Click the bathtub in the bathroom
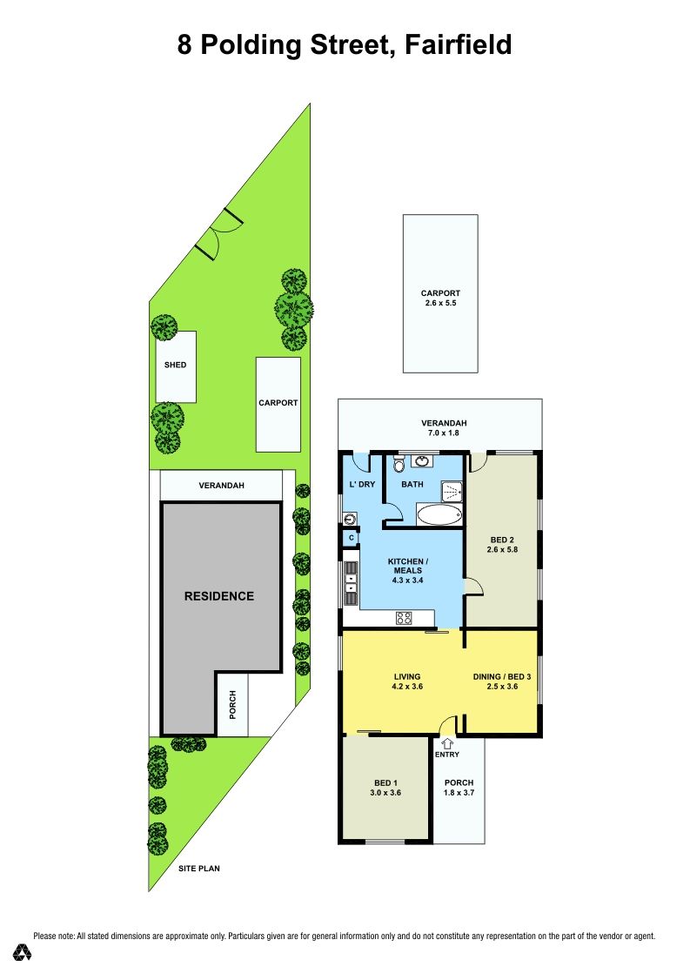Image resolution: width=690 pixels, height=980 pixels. pos(439,515)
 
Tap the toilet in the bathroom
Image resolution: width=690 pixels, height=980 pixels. pos(399,465)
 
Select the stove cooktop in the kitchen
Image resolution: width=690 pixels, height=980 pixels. pos(404,618)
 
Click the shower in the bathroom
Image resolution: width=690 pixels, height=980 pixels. pos(452,491)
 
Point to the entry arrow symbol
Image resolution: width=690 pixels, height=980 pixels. pos(447,744)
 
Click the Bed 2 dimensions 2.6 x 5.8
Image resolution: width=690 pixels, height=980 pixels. pos(502,550)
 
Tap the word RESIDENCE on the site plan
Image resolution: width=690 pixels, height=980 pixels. pos(219,596)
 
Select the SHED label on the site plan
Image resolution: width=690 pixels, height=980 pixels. pos(175,365)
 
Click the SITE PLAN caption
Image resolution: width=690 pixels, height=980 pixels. pos(198,868)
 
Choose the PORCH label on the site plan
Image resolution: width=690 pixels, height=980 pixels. pos(232,704)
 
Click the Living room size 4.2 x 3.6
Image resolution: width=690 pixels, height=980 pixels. pos(407,686)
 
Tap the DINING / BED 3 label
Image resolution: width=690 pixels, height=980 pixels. pos(502,676)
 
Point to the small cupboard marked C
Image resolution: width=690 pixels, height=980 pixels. pos(352,538)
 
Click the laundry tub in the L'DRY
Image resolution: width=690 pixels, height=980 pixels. pos(350,518)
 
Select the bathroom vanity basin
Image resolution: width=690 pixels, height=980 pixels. pos(423,462)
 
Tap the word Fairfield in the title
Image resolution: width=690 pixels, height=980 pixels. pos(459,45)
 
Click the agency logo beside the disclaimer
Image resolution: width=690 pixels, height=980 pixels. pos(22,952)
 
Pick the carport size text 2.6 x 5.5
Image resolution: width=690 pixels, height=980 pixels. pos(440,303)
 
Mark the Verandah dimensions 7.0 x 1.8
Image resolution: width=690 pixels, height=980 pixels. pos(443,433)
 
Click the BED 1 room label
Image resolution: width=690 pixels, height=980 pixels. pos(385,782)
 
